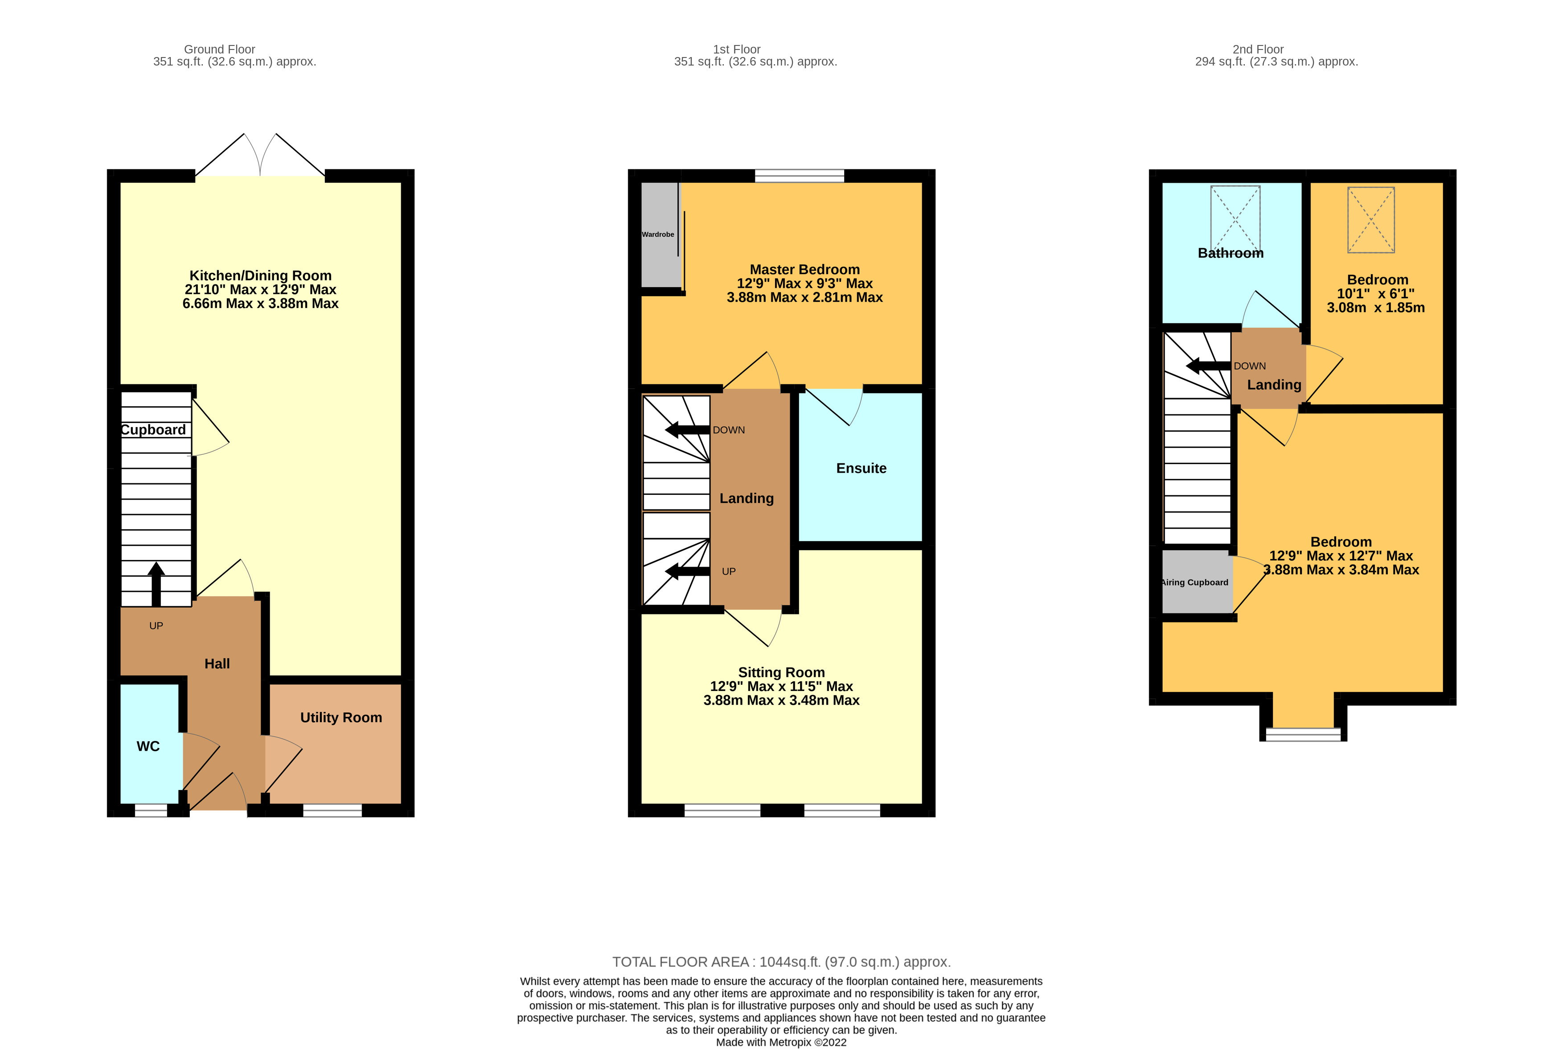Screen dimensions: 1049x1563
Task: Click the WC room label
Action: tap(148, 746)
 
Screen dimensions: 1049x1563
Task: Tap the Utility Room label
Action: tap(340, 717)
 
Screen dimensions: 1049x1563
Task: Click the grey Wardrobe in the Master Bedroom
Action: tap(659, 234)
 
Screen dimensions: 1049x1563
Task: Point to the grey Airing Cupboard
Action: tap(1196, 582)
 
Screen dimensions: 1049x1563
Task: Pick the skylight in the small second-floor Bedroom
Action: tap(1370, 219)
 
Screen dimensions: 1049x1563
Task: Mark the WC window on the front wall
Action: tap(151, 810)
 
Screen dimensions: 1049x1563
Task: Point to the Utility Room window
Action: tap(332, 810)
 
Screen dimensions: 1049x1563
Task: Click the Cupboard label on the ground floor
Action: tap(153, 429)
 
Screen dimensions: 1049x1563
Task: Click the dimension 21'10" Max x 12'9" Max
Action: tap(260, 289)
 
